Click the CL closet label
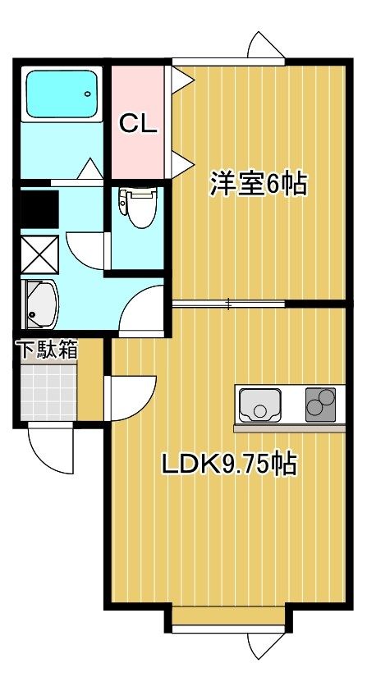139,124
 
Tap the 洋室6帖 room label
258,184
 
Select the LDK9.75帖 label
229,464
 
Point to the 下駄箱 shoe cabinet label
48,350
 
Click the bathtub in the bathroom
62,94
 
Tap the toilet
138,207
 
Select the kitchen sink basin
260,405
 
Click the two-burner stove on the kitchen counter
320,405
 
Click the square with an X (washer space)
39,254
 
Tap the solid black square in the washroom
39,209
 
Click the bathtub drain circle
88,94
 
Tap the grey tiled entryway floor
48,392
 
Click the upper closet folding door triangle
182,80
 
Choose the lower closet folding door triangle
182,164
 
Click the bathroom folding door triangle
90,169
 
